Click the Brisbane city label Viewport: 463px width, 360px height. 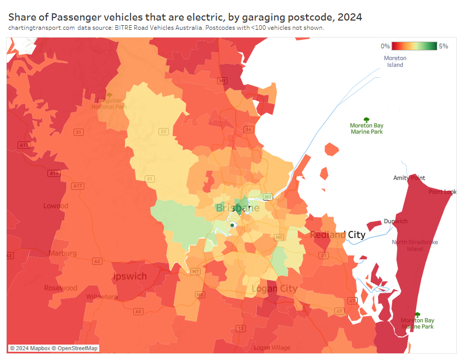[238, 208]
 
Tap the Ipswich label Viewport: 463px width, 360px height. [130, 276]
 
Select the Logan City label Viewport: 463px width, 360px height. [274, 289]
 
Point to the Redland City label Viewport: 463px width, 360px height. [337, 235]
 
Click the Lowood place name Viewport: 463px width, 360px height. [56, 206]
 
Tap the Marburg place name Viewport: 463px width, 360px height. [63, 253]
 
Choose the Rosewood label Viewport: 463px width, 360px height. [61, 288]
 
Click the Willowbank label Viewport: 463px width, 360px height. [102, 297]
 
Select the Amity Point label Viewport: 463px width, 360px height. [409, 178]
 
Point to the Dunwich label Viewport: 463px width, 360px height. [396, 221]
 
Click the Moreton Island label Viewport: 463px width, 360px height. [395, 61]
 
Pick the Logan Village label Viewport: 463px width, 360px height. [272, 348]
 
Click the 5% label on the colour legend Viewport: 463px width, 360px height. [443, 46]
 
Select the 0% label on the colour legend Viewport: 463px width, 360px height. [385, 46]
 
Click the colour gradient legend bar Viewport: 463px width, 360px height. [414, 46]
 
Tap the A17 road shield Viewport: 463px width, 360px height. [78, 186]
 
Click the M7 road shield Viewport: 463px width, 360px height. [195, 271]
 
